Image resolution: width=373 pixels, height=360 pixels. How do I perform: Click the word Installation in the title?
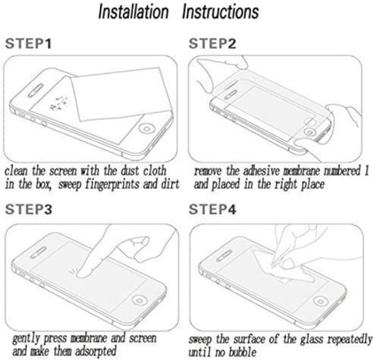[x=134, y=12]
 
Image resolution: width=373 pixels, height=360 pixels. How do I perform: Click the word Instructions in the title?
[x=221, y=12]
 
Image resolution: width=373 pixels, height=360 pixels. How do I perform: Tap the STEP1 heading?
[x=29, y=44]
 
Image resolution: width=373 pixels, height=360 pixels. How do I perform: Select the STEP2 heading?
[x=212, y=44]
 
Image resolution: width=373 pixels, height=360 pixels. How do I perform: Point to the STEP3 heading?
[x=29, y=209]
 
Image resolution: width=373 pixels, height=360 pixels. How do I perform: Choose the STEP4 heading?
[x=212, y=209]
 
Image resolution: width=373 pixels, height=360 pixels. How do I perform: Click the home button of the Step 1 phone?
[x=147, y=128]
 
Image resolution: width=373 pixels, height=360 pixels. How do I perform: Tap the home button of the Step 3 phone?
[x=140, y=301]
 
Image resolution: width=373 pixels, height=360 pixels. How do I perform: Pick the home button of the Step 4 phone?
[x=321, y=301]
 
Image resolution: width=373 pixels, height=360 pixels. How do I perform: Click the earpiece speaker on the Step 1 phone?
[x=36, y=90]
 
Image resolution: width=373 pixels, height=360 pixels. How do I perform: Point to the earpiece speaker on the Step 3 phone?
[x=38, y=253]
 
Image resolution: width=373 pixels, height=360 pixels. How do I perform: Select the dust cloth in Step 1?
[x=122, y=94]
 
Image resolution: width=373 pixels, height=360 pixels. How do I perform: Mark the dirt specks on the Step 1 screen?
[x=59, y=103]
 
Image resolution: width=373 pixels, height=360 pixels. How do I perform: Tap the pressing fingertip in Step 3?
[x=82, y=273]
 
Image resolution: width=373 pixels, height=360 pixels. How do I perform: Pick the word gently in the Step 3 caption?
[x=26, y=339]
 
